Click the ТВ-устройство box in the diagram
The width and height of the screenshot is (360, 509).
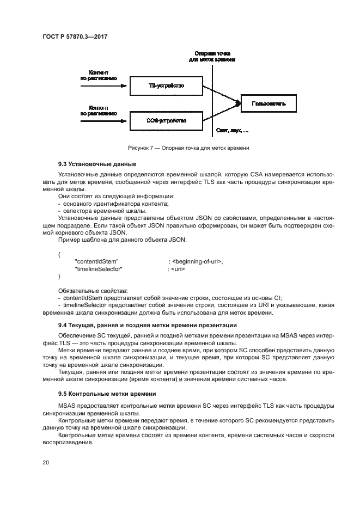[x=166, y=85]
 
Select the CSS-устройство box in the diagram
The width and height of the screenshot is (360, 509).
[x=166, y=120]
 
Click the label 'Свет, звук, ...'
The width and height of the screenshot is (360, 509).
[x=232, y=131]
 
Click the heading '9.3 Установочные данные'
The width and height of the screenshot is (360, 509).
[x=97, y=163]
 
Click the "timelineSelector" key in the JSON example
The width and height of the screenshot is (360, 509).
[x=98, y=269]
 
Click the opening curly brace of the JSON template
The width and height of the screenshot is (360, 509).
[x=59, y=254]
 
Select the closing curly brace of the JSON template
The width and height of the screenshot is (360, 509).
[x=59, y=277]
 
